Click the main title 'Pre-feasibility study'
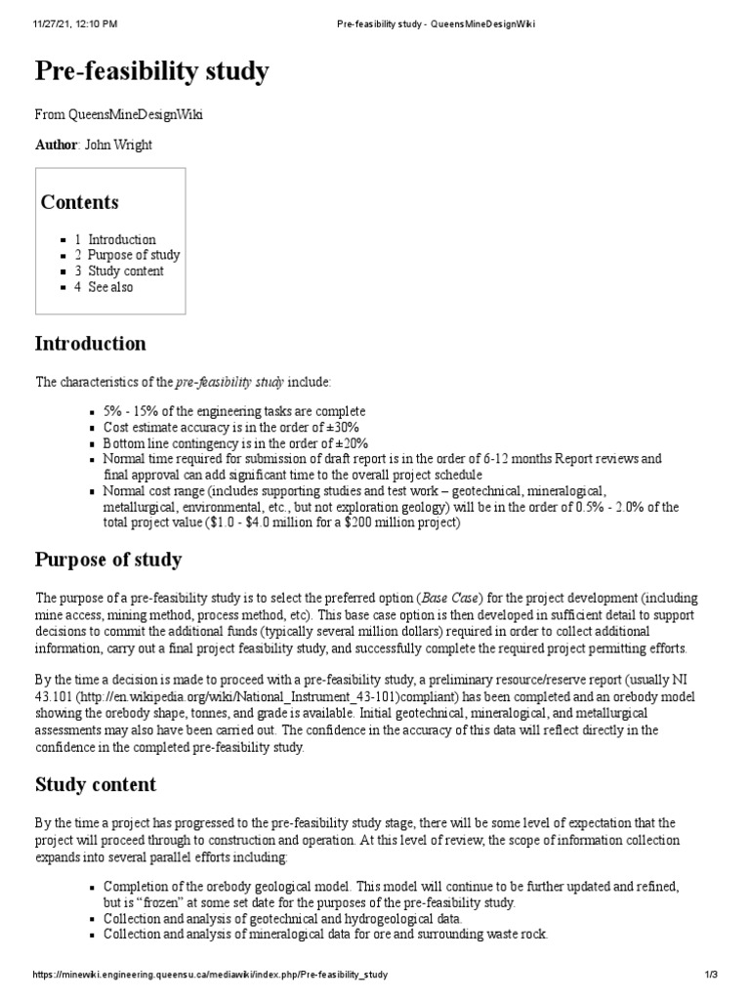152,71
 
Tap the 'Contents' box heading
79,202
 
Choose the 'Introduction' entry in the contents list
121,239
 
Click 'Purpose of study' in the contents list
134,255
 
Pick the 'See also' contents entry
110,287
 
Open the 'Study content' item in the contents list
126,271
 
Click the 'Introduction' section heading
90,344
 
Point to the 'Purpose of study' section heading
108,560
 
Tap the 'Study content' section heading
96,784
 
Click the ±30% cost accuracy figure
342,428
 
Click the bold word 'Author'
56,146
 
